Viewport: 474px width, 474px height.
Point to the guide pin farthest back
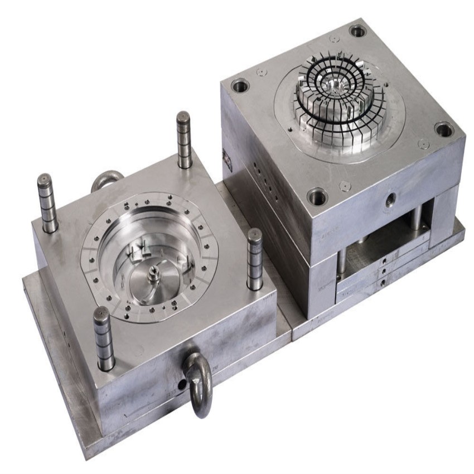tap(184, 139)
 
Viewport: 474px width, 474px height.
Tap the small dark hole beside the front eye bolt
tap(181, 385)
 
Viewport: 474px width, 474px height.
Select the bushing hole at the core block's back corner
tap(357, 31)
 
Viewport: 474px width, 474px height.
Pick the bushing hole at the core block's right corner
tap(444, 130)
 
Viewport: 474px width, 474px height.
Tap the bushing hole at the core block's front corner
tap(317, 196)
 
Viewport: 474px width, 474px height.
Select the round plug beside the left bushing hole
tap(260, 72)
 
